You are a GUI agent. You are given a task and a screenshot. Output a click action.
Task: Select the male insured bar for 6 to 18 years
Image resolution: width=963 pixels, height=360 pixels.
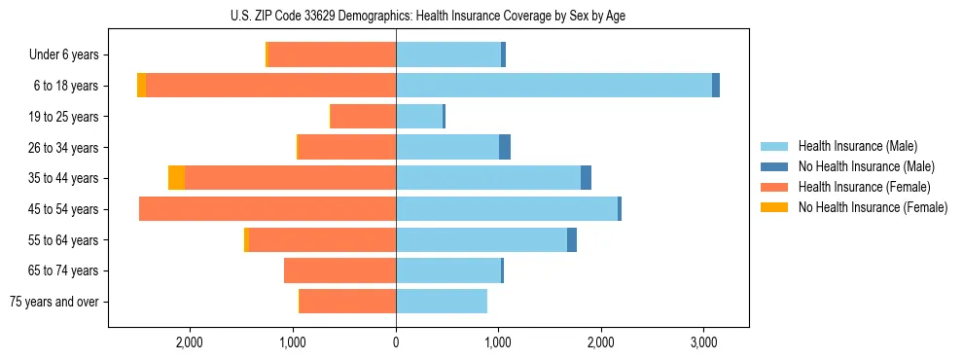click(553, 86)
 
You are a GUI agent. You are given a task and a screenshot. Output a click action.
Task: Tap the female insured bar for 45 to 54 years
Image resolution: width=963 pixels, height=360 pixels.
click(267, 209)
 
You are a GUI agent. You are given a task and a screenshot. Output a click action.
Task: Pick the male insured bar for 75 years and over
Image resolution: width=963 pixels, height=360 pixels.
click(442, 302)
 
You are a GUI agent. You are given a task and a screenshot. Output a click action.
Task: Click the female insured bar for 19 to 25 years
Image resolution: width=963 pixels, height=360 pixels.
click(364, 117)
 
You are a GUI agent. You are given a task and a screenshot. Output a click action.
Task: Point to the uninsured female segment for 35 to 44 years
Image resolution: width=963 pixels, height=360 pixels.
click(176, 178)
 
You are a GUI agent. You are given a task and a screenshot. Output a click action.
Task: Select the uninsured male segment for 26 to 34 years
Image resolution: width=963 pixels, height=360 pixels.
click(505, 147)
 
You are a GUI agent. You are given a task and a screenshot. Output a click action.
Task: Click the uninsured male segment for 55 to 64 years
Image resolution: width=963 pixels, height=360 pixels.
click(572, 239)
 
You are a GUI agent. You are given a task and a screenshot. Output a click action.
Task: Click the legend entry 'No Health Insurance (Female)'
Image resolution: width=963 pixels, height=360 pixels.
click(873, 207)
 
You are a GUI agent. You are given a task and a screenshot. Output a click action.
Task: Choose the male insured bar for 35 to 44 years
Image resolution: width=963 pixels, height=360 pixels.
click(488, 178)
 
